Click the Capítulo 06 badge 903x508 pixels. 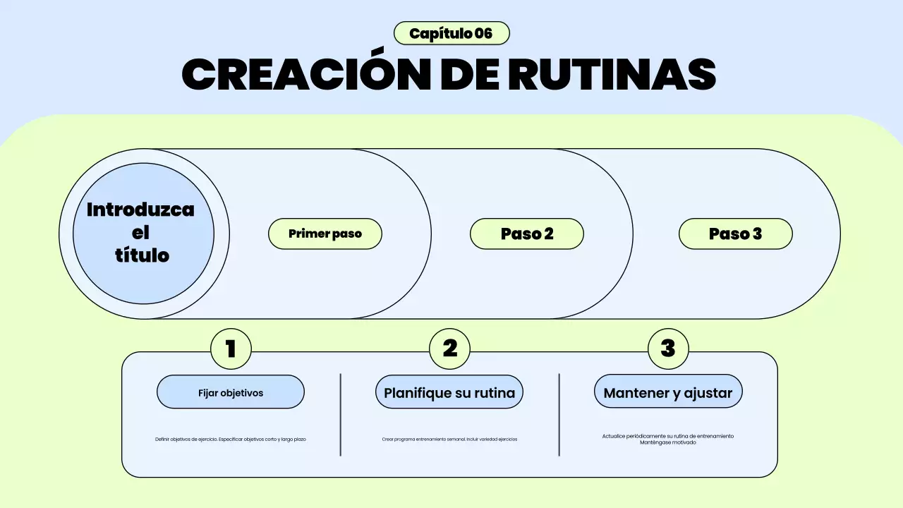click(x=451, y=33)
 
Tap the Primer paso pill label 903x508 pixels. click(x=325, y=234)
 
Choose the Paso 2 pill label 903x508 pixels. click(x=527, y=234)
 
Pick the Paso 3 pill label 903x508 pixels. click(x=735, y=234)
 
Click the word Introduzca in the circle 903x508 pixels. click(x=140, y=210)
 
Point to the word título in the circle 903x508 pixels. click(x=142, y=255)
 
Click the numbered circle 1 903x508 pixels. click(x=231, y=349)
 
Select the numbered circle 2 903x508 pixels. click(x=450, y=349)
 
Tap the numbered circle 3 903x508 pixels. click(x=668, y=349)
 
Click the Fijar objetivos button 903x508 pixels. click(x=231, y=392)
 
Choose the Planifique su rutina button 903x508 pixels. click(x=449, y=392)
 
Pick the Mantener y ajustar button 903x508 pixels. click(x=668, y=392)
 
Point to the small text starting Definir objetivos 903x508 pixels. click(x=231, y=439)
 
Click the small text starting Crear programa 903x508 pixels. click(x=449, y=439)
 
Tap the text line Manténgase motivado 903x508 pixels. click(x=668, y=442)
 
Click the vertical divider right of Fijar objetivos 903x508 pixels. click(x=341, y=415)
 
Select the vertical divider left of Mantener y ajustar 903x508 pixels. click(x=559, y=415)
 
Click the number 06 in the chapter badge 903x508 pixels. click(x=484, y=33)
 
